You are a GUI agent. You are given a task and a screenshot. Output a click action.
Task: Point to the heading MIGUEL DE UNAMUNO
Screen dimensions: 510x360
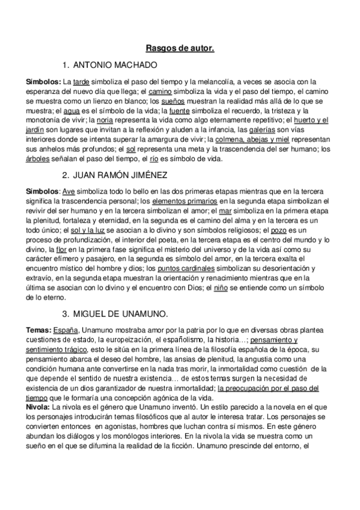coord(121,314)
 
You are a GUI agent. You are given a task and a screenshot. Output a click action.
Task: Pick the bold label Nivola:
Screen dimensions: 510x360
coord(39,406)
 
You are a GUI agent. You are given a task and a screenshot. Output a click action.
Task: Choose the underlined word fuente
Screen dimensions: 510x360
coord(180,111)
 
